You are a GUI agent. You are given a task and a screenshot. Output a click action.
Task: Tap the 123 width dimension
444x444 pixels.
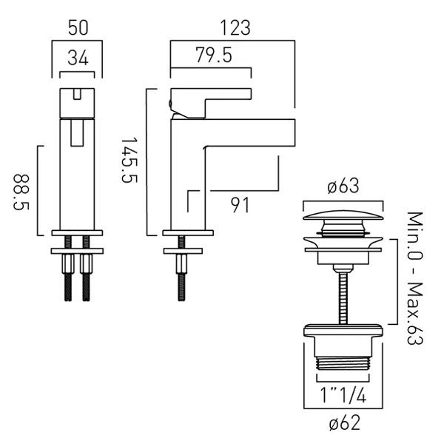click(235, 28)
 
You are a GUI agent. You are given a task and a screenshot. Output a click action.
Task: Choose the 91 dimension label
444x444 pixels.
click(240, 205)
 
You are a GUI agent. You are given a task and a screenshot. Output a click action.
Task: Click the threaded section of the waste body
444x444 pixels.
click(343, 363)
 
